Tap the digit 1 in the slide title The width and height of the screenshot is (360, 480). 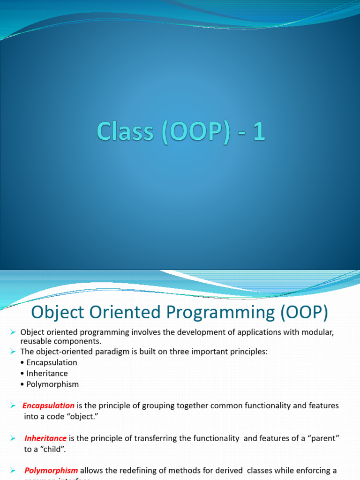click(259, 131)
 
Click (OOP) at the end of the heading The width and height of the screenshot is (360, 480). click(305, 313)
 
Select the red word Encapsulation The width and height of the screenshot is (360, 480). click(48, 405)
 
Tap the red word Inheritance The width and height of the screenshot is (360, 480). click(45, 438)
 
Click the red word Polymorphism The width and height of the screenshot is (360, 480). click(51, 470)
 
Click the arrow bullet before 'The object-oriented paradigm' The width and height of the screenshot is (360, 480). click(13, 352)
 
